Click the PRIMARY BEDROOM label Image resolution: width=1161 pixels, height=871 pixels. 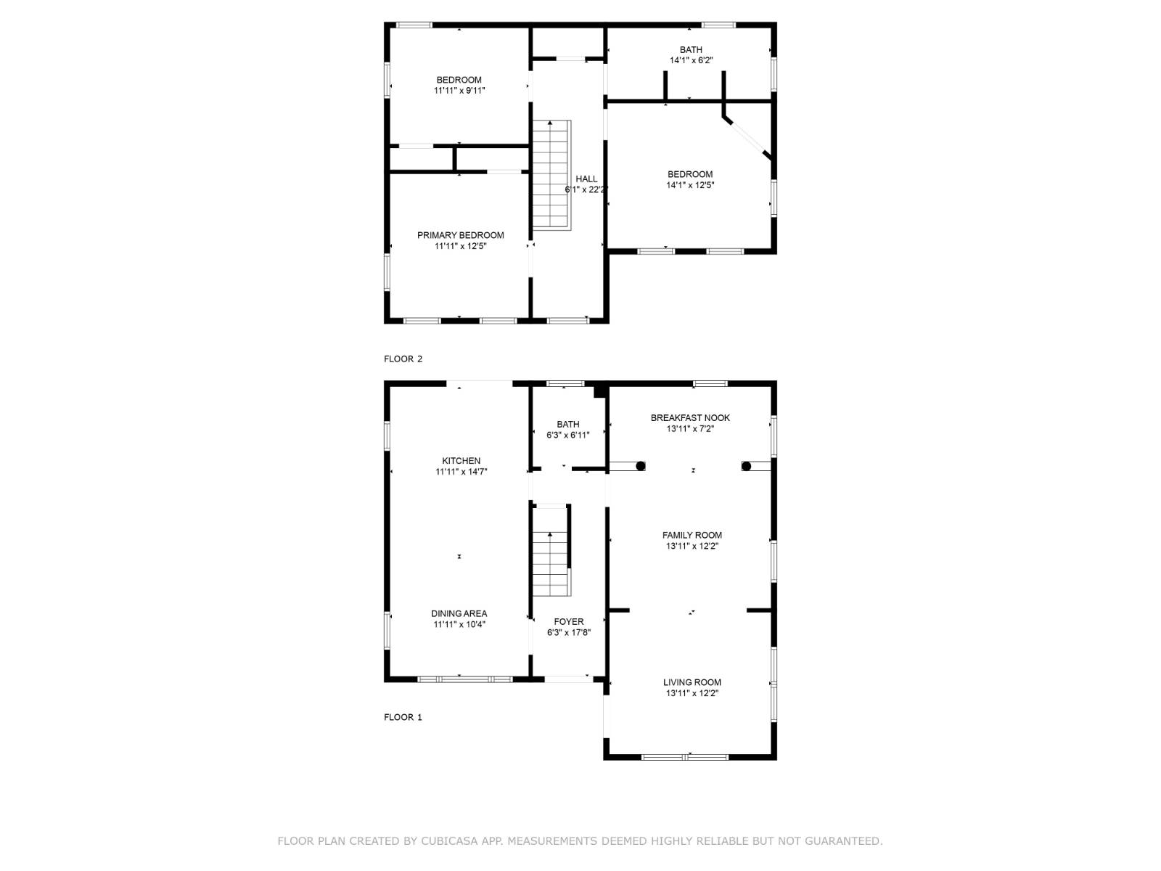tap(460, 235)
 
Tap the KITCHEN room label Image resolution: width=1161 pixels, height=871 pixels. tap(461, 461)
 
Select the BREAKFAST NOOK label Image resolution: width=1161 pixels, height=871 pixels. tap(690, 418)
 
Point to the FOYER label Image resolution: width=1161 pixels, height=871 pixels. tap(568, 622)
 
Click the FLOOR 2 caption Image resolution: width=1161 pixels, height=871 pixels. tap(403, 359)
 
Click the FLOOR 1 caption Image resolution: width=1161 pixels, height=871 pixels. tap(403, 717)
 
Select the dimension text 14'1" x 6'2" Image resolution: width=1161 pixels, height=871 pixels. tap(691, 61)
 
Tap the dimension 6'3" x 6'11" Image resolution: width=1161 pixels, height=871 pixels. tap(567, 435)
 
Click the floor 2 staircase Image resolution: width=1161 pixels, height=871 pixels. tap(551, 176)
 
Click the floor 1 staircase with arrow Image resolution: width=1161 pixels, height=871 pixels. tap(551, 552)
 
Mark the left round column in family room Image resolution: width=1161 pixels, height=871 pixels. tap(641, 466)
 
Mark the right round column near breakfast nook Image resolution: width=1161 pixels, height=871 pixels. tap(746, 466)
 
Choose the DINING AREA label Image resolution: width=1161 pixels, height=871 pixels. tap(459, 614)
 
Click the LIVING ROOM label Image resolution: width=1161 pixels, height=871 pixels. tap(692, 682)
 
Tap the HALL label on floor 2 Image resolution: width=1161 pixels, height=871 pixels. tap(586, 179)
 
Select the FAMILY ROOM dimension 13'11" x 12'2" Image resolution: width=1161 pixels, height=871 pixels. tap(692, 547)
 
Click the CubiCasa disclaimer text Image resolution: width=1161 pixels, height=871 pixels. tap(580, 841)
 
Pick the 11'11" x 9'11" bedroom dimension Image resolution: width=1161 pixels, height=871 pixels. tap(459, 91)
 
